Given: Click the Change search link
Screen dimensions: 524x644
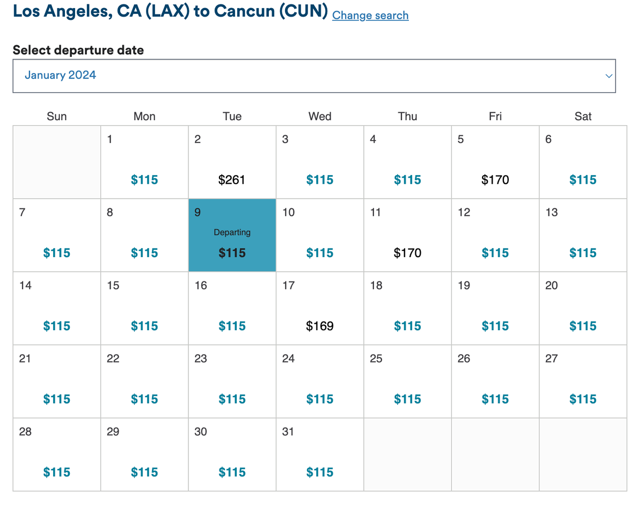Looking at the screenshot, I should (x=370, y=16).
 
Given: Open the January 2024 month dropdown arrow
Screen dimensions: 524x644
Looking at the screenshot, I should (x=609, y=76).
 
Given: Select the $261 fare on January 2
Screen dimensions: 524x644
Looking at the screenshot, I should (x=232, y=180).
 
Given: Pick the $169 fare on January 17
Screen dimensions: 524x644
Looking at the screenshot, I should (x=320, y=326).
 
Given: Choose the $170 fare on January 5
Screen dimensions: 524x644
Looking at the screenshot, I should (x=495, y=180).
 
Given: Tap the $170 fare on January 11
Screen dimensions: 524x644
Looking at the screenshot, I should (x=407, y=253).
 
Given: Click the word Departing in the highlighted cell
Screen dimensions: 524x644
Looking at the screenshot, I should (x=232, y=232).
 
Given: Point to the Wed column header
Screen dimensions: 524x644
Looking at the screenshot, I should (x=320, y=117).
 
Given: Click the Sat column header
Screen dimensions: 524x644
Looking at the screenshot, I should (x=583, y=117).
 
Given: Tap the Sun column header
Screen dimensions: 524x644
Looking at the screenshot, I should (x=57, y=117).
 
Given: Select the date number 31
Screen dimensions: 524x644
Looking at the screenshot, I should (x=288, y=432).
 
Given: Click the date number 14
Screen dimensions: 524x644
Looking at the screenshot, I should (x=25, y=286).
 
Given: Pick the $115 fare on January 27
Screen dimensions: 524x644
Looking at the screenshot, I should (x=583, y=399).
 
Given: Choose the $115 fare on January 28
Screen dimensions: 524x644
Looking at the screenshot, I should (x=57, y=472).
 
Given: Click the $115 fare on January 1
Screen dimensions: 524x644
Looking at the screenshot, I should (x=144, y=180).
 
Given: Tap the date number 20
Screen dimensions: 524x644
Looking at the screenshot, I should (x=552, y=286).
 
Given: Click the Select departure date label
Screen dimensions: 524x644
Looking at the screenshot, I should (x=78, y=50).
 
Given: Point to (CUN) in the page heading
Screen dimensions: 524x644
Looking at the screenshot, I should (x=303, y=11).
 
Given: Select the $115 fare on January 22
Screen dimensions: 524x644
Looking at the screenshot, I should (x=144, y=399).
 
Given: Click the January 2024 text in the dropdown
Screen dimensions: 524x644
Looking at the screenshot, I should (x=60, y=75).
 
